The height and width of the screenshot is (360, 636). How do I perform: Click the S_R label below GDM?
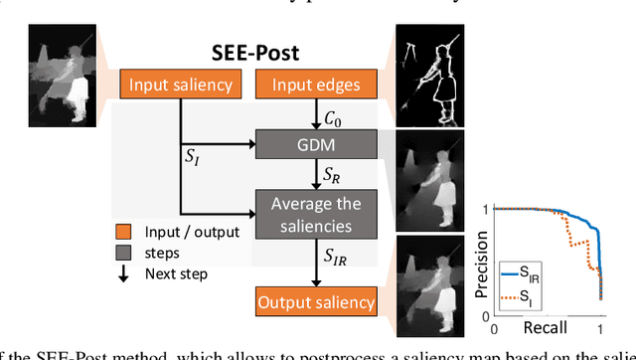[331, 174]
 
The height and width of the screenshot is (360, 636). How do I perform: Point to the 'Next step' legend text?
[178, 272]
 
